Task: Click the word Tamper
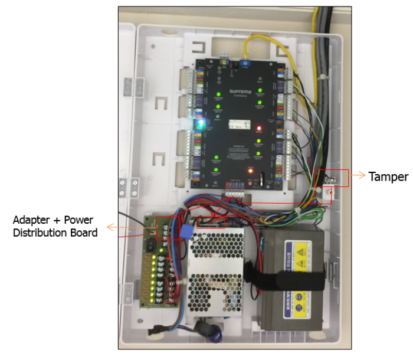388,176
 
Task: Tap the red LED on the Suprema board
259,127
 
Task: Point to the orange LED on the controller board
250,171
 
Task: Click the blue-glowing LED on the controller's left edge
201,125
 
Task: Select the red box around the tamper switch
332,178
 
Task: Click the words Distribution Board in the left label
55,233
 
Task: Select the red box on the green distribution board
166,228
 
